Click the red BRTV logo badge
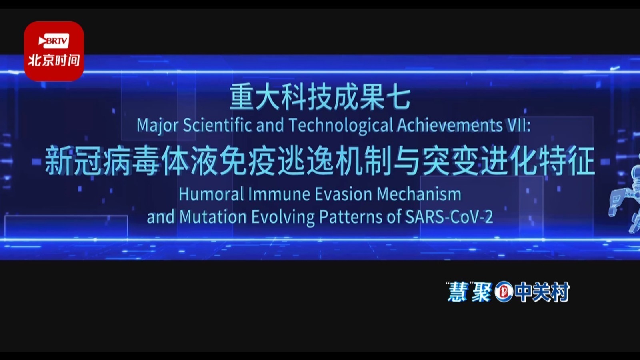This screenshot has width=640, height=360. [x=54, y=51]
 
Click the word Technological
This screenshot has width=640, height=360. [x=341, y=126]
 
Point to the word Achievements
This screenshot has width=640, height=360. [x=450, y=126]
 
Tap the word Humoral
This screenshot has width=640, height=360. [x=211, y=194]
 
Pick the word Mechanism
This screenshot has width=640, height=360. [x=419, y=194]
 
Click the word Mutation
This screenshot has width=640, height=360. [x=213, y=217]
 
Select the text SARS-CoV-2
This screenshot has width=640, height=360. [x=449, y=217]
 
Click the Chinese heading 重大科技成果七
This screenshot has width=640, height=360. [x=320, y=98]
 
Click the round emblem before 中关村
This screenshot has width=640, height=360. [x=504, y=292]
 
